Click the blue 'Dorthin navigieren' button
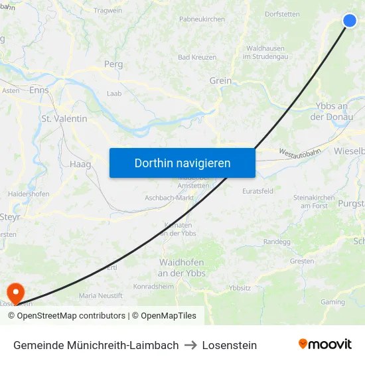[x=183, y=163]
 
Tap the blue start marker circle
[x=350, y=21]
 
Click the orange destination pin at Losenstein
[x=14, y=291]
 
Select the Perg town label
[x=113, y=64]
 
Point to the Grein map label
[x=220, y=81]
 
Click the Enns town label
[x=39, y=90]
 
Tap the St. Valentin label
[x=64, y=119]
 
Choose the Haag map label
[x=80, y=164]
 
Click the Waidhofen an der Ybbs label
[x=181, y=267]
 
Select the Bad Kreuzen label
[x=197, y=57]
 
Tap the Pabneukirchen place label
[x=202, y=19]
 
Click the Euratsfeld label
[x=257, y=191]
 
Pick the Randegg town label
[x=277, y=242]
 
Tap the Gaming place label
[x=333, y=302]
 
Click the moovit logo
[x=325, y=344]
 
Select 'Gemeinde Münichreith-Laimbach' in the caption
[x=96, y=345]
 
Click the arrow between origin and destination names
[x=190, y=345]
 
